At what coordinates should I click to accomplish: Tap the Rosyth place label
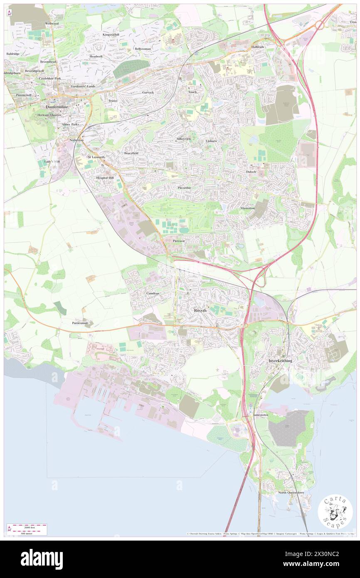[x=200, y=311]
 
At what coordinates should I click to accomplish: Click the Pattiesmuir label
[x=82, y=323]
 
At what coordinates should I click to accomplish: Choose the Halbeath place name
[x=257, y=47]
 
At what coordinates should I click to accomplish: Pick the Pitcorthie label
[x=184, y=188]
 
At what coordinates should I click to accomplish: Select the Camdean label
[x=153, y=293]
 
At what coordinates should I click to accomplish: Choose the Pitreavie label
[x=179, y=241]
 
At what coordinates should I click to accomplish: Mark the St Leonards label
[x=96, y=157]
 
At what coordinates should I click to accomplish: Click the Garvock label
[x=148, y=92]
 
